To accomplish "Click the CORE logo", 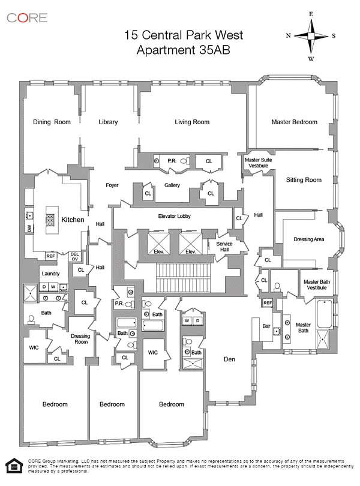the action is pos(27,18).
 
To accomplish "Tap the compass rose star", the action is pos(311,36).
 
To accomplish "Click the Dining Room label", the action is pos(52,122).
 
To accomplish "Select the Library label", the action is pos(108,122).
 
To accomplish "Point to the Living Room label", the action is pos(192,122).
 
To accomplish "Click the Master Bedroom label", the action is pos(294,122).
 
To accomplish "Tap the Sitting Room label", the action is pos(304,180).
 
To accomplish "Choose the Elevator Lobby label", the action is pos(174,216).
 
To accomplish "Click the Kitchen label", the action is pos(73,220).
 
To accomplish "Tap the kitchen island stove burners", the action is pos(50,220).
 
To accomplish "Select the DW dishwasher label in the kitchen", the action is pos(29,229).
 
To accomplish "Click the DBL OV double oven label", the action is pos(75,257).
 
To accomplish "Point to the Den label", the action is pos(229,359).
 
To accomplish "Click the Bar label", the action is pos(266,326).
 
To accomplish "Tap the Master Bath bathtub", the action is pos(325,314).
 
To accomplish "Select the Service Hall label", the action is pos(224,247).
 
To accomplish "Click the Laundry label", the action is pos(50,274).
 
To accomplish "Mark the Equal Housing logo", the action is pos(14,466).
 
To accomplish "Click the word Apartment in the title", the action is pos(164,50).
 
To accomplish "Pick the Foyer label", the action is pos(112,185).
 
